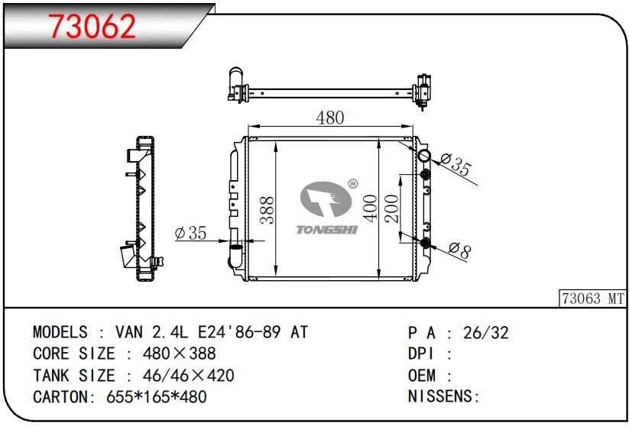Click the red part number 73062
(x=92, y=26)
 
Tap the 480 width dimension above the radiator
(x=329, y=118)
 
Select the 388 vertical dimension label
(x=267, y=210)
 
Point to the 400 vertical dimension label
(x=370, y=208)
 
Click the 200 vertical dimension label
(x=391, y=208)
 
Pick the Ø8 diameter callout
(x=460, y=251)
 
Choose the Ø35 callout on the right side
(x=456, y=163)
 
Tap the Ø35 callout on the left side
(x=190, y=232)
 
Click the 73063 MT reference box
(x=593, y=299)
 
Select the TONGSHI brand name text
(x=327, y=230)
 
